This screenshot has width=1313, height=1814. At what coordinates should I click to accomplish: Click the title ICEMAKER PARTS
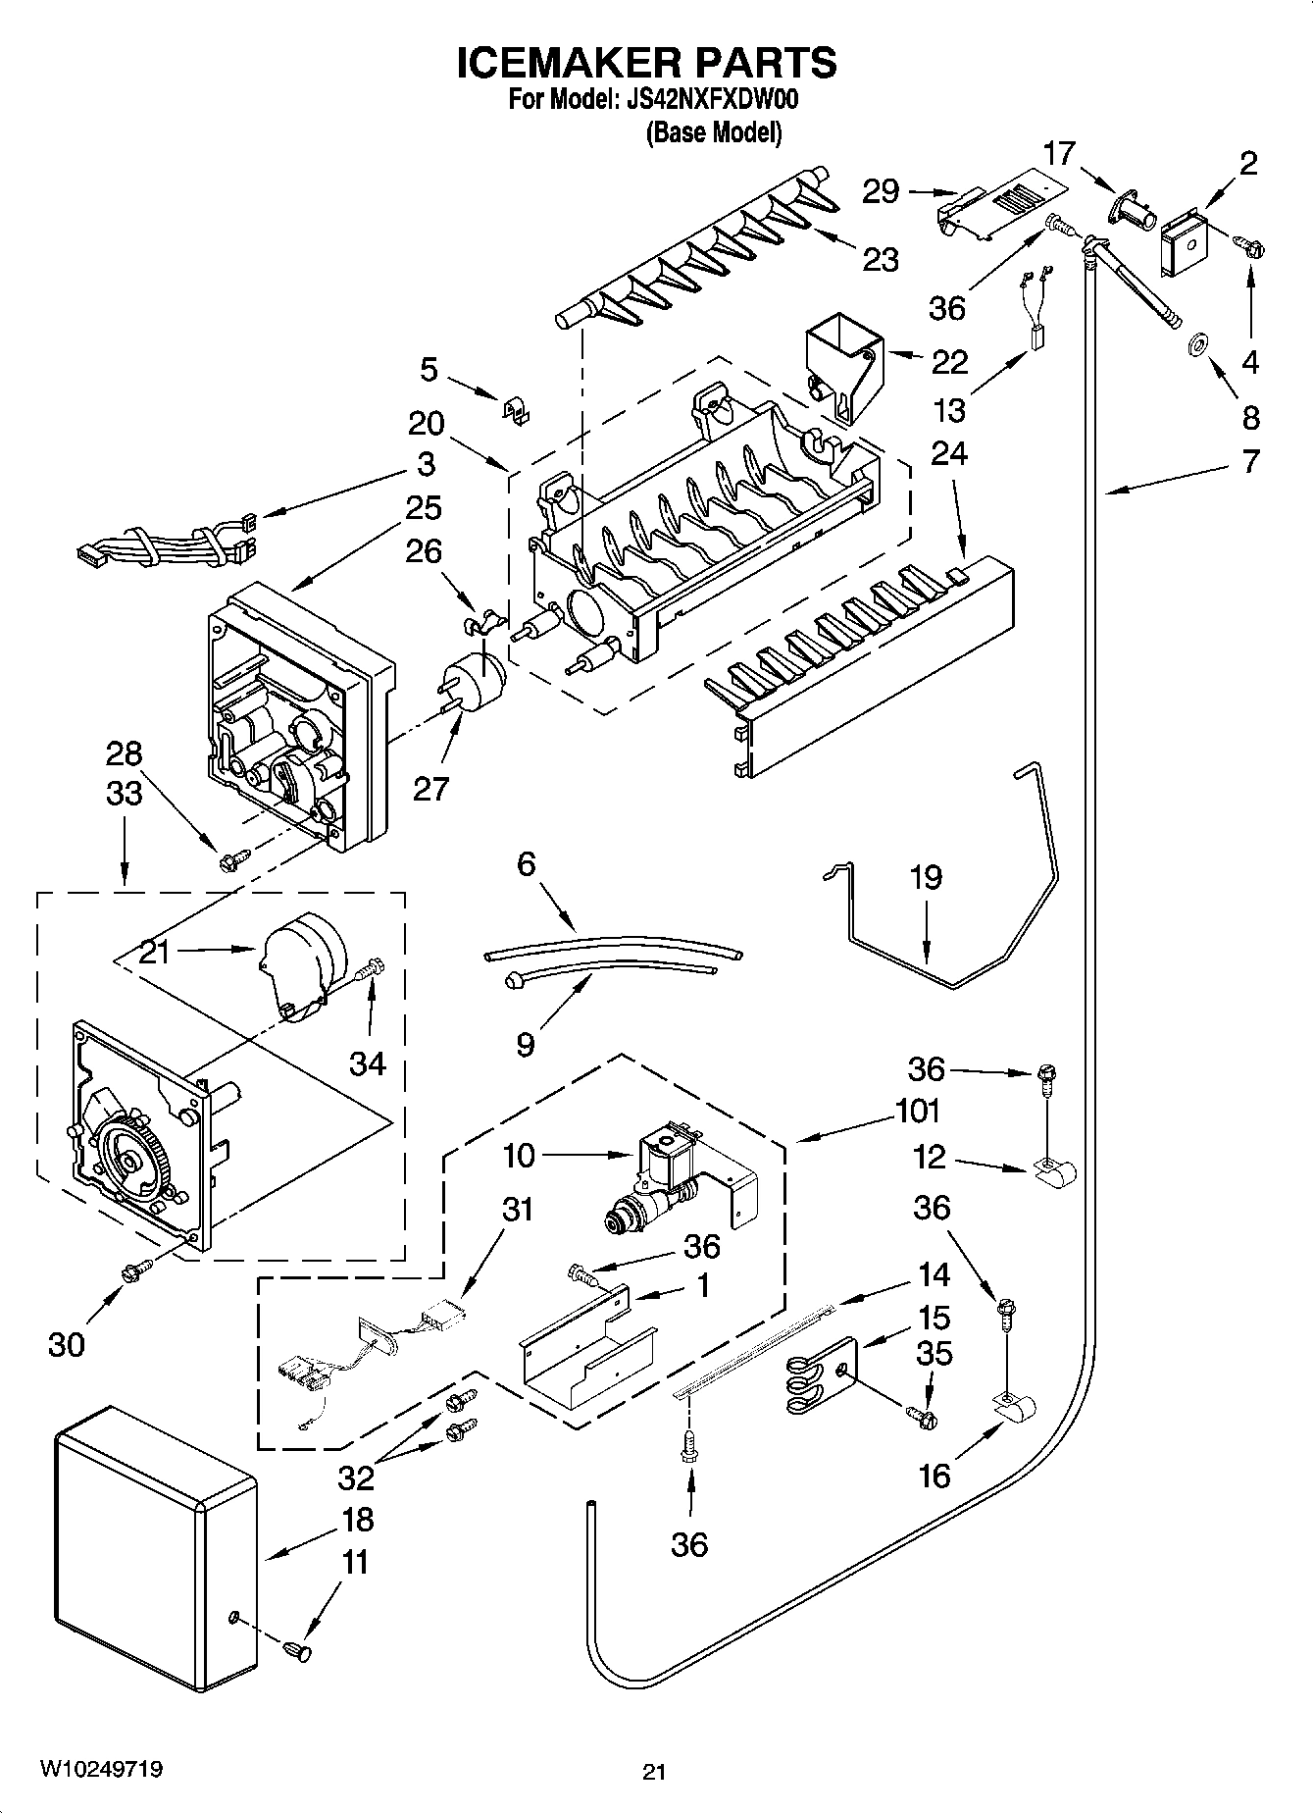pyautogui.click(x=647, y=63)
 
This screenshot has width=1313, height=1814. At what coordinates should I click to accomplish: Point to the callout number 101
pyautogui.click(x=917, y=1111)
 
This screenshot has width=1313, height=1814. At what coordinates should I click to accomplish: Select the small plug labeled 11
pyautogui.click(x=294, y=1653)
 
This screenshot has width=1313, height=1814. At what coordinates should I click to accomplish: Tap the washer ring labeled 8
pyautogui.click(x=1195, y=345)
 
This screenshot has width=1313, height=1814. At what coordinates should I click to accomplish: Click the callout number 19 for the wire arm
pyautogui.click(x=925, y=877)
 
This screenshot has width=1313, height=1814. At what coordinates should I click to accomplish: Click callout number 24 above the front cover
pyautogui.click(x=948, y=453)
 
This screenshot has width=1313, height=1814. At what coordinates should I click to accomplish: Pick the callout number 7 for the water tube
pyautogui.click(x=1250, y=461)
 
